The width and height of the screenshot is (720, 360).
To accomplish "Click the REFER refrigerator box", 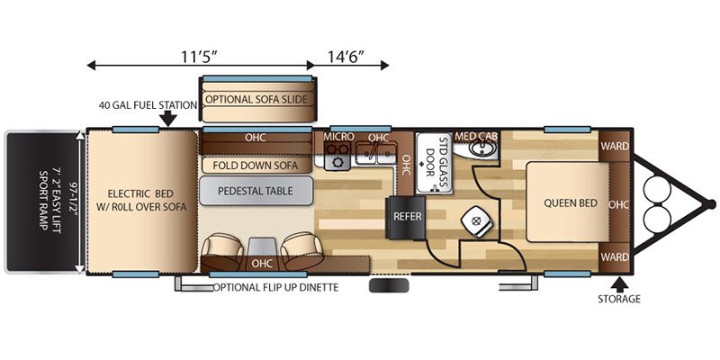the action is (408, 218).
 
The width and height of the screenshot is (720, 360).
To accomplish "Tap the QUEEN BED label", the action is (571, 203).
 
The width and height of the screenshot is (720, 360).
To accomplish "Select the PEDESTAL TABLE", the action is (256, 191).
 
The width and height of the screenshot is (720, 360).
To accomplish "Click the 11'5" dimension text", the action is (198, 57).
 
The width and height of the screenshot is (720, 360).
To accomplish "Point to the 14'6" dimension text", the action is (346, 57).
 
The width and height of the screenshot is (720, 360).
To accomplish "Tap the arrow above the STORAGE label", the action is (619, 284).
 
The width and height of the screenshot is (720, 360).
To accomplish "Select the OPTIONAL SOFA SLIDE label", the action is (256, 99).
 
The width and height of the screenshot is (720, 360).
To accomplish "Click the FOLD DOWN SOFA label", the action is (256, 166).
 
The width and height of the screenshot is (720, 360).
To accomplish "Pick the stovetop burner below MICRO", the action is (338, 162).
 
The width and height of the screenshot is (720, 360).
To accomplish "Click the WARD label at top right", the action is (615, 147).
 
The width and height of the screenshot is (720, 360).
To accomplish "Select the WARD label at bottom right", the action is (615, 257).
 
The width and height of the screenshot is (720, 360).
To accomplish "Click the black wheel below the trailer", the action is (389, 286).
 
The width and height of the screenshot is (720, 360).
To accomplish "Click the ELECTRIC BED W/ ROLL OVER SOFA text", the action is (141, 200).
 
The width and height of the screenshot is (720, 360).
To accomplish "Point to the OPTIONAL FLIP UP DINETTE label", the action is (276, 288).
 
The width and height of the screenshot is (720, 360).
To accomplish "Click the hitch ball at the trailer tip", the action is (711, 204).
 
